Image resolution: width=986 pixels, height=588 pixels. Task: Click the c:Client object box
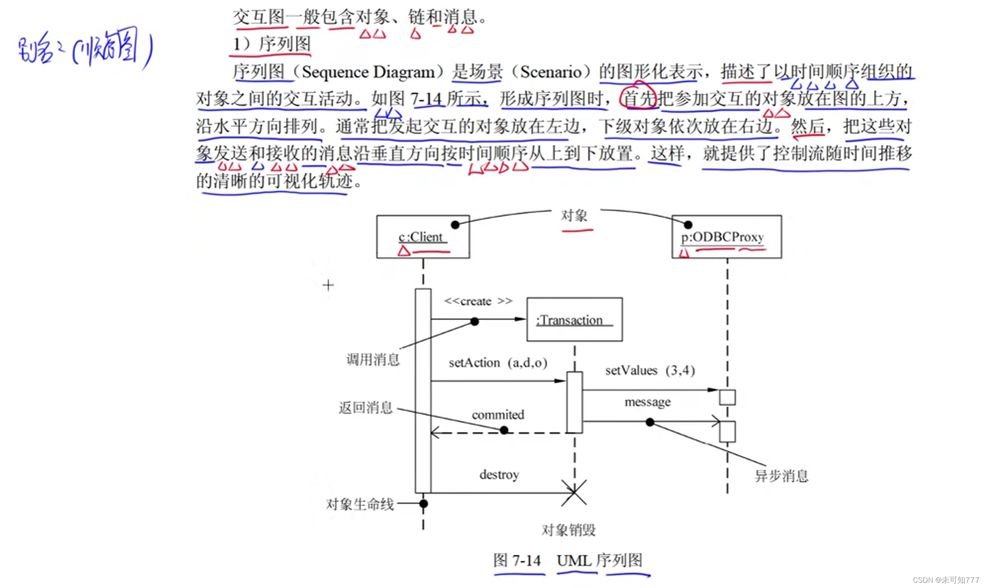[x=423, y=237]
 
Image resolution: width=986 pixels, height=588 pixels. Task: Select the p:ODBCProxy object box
[x=726, y=237]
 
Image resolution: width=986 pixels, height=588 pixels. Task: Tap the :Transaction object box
[x=574, y=319]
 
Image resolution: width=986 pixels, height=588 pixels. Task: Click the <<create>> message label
[x=478, y=301]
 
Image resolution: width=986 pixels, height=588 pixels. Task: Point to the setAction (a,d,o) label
[x=498, y=363]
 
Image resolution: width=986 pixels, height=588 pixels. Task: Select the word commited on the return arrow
[x=498, y=415]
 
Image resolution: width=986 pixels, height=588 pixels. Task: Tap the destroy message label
[x=499, y=475]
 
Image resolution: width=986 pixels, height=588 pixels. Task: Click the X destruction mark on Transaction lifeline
[x=574, y=492]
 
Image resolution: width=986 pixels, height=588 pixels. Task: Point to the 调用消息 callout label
[x=373, y=360]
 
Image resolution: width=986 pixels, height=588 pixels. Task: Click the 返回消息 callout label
[x=365, y=408]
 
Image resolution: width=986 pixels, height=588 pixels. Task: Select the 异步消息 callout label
[x=781, y=476]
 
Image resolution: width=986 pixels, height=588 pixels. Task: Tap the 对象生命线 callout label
[x=359, y=504]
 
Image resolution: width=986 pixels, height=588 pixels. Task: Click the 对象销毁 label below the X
[x=568, y=530]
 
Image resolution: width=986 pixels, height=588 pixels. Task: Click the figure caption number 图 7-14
[x=517, y=561]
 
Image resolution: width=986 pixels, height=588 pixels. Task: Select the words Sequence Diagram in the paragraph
[x=368, y=72]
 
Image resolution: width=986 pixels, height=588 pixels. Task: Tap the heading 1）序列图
[x=271, y=44]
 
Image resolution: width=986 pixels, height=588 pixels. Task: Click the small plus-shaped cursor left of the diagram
[x=328, y=285]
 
